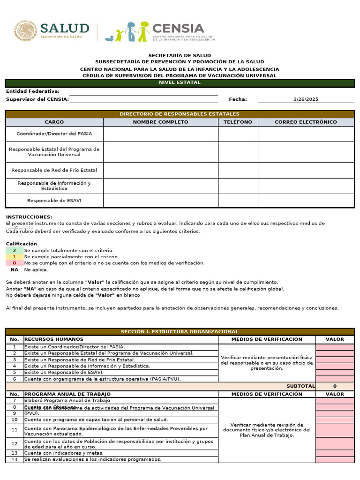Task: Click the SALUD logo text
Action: tap(64, 28)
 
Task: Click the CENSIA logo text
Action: tap(178, 28)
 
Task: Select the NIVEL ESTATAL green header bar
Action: tap(180, 83)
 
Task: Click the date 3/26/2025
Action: tap(306, 99)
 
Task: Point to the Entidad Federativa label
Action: tap(33, 91)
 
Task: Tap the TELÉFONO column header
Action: tap(238, 122)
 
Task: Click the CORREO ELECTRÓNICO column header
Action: tap(306, 122)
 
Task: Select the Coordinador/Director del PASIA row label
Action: tap(54, 134)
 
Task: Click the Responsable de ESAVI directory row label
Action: tap(54, 201)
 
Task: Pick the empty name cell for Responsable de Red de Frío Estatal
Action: tap(160, 170)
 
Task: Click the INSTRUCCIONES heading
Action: tap(29, 217)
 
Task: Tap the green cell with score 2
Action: tap(15, 251)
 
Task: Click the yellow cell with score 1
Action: tap(15, 257)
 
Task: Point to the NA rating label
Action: tap(15, 270)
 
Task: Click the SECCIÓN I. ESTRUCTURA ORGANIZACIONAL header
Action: tap(180, 332)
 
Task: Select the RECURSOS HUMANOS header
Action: tap(54, 339)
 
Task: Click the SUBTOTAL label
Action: tap(300, 386)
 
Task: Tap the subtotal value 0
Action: tap(335, 386)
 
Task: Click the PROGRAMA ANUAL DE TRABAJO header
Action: tap(67, 394)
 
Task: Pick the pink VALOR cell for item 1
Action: tap(335, 347)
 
